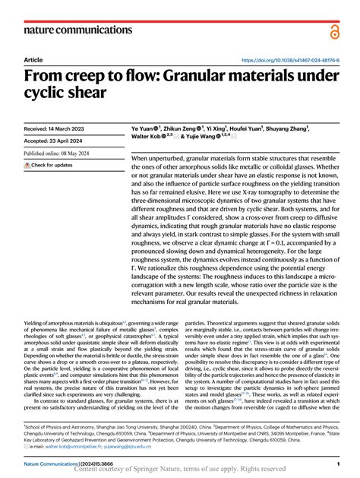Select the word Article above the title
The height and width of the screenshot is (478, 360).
(x=33, y=60)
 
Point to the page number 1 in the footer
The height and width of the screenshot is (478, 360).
(x=337, y=463)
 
